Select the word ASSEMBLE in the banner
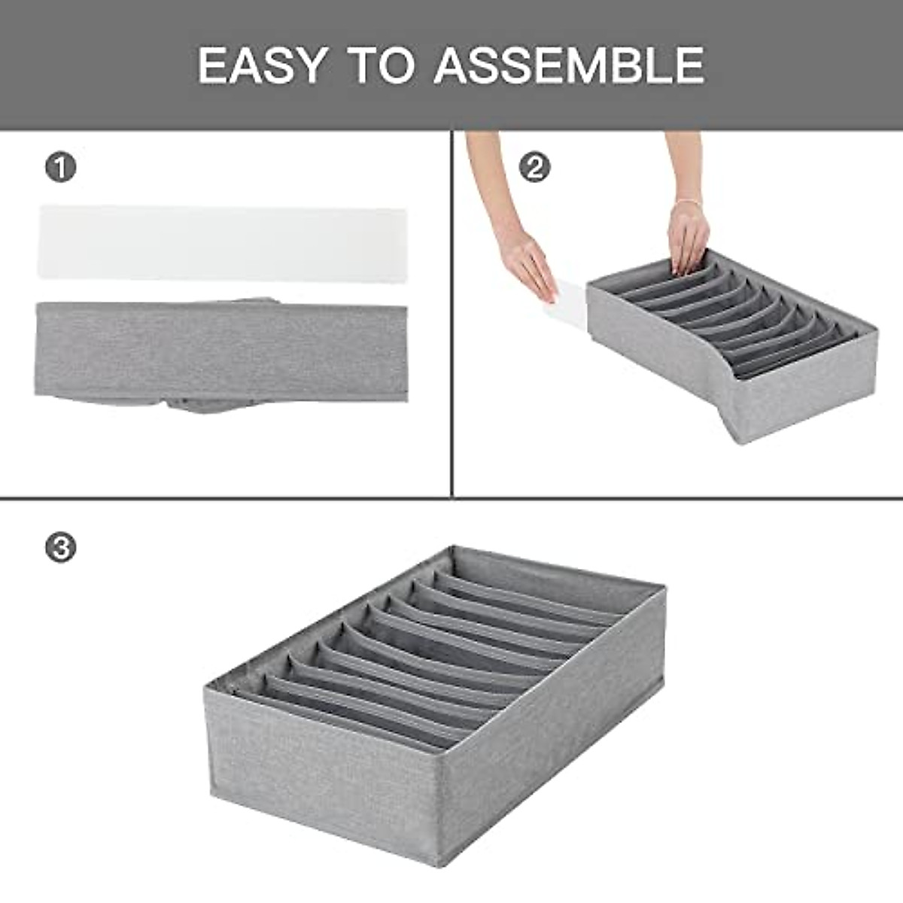[569, 65]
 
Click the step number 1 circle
[61, 167]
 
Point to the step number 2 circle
[535, 167]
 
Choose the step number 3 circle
[61, 547]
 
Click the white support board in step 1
[222, 244]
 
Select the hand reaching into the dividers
[689, 237]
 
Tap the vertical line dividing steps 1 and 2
[451, 316]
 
